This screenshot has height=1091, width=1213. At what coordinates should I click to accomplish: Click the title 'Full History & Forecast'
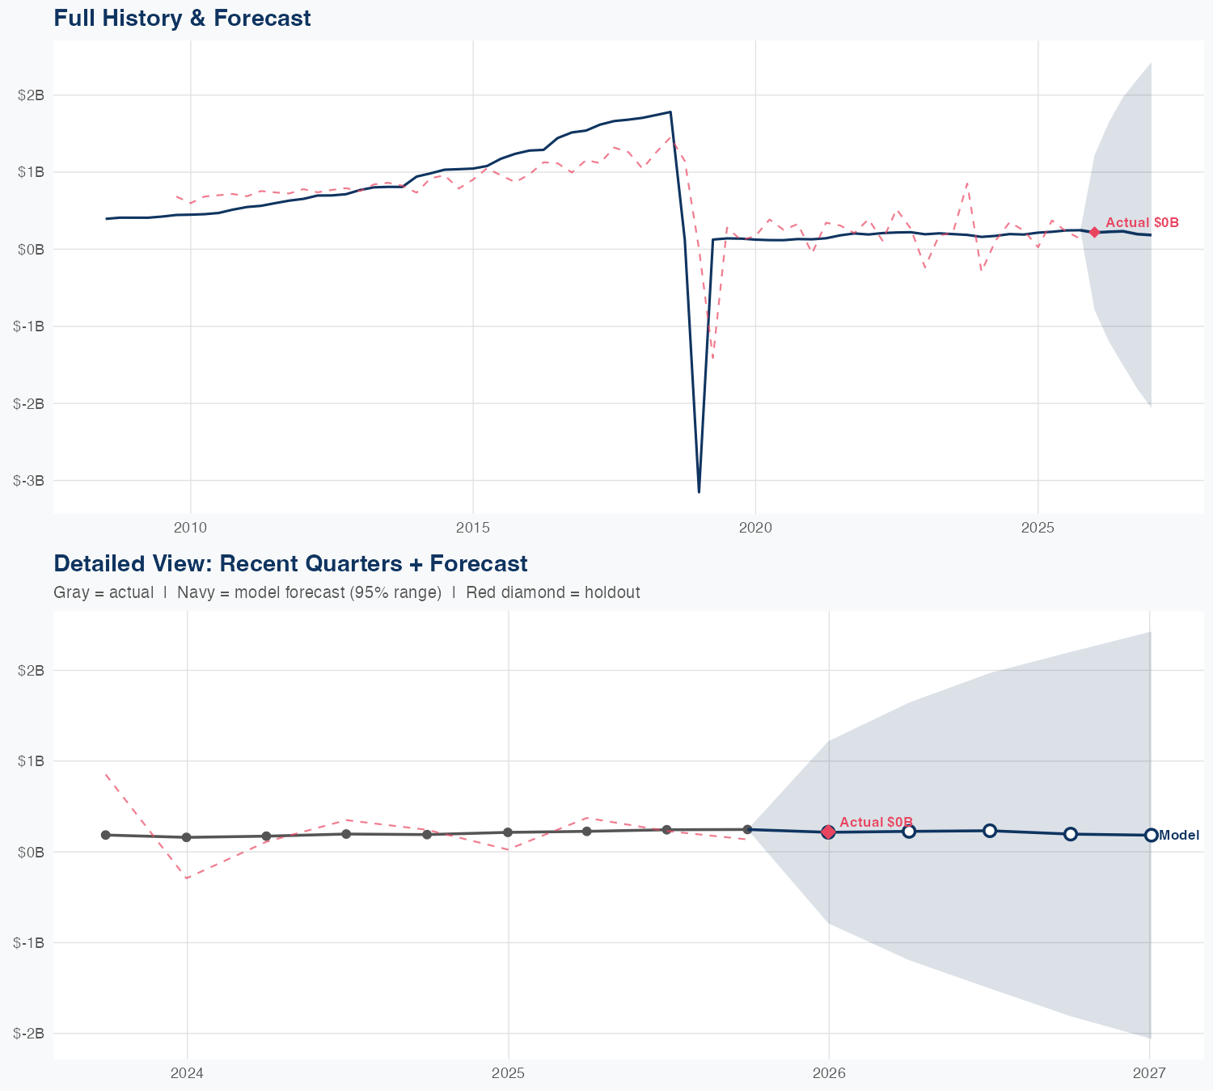point(182,18)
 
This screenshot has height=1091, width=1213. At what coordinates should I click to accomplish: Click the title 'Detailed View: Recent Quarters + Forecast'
point(290,563)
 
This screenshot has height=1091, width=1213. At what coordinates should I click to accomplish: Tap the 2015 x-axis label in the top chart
point(473,528)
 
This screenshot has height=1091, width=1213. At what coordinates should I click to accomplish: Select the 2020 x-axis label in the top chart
point(755,528)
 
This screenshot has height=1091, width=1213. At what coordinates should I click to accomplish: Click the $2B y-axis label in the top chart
point(31,95)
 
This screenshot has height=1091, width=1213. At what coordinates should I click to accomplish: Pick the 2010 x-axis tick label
point(191,528)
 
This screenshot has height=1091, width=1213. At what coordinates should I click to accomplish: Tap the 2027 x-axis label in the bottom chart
point(1149,1073)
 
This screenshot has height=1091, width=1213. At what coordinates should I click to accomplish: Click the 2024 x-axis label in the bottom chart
point(188,1073)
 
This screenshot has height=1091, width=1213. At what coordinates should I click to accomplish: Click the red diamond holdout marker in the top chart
point(1094,232)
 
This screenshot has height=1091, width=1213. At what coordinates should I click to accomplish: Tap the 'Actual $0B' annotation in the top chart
point(1142,222)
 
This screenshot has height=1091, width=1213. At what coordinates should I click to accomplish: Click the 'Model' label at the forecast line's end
point(1179,836)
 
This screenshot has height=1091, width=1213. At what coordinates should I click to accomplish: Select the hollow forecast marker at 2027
point(1151,835)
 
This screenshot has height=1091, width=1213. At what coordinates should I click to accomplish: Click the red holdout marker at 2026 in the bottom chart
point(828,832)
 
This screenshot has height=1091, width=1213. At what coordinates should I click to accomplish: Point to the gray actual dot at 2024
point(187,837)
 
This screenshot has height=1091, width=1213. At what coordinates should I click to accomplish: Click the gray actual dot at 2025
point(508,832)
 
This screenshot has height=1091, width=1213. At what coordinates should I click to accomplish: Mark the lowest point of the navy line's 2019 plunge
point(699,491)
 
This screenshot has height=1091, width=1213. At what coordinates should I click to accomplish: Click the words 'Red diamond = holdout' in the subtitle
point(553,592)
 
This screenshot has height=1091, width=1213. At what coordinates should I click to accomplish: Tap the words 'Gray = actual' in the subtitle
point(104,592)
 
